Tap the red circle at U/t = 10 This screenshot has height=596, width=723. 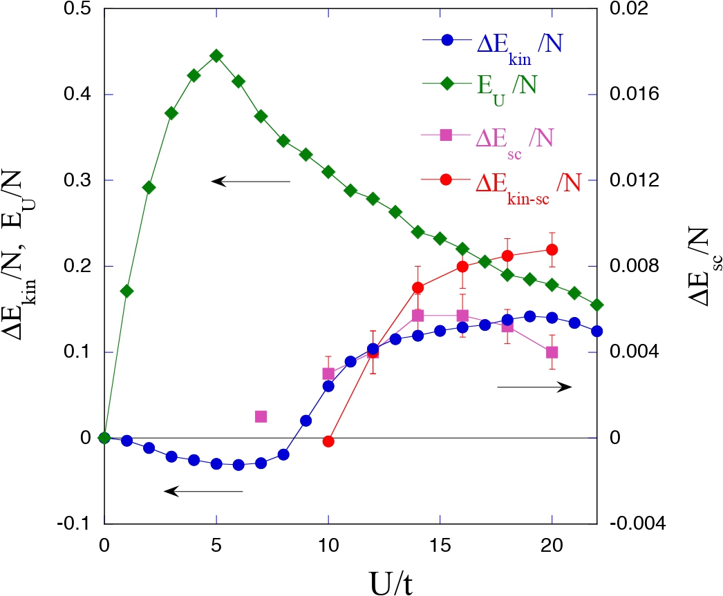[328, 441]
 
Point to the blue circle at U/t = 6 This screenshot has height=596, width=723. [238, 465]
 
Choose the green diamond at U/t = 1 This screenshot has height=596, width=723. [126, 291]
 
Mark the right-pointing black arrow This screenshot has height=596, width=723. [534, 387]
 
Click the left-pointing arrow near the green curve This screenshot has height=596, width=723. [251, 182]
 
